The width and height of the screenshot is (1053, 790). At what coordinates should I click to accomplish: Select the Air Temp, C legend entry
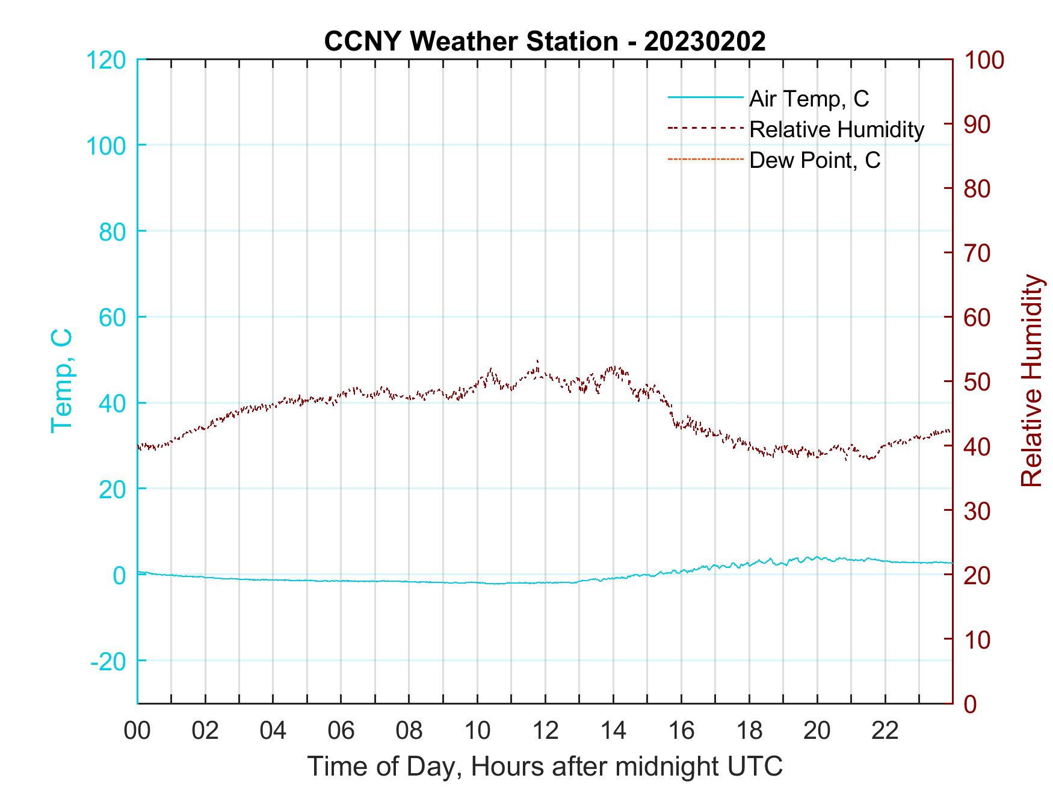[808, 98]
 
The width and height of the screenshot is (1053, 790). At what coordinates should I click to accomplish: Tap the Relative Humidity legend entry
[836, 129]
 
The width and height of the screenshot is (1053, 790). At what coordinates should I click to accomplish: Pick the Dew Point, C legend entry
[814, 160]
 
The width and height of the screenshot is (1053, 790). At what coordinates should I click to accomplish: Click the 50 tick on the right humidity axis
[978, 382]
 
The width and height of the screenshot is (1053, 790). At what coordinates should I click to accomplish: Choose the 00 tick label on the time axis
[137, 731]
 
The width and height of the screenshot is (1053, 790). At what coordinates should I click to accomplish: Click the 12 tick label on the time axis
[545, 731]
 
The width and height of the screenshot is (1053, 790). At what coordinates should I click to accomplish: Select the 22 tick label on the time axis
[885, 731]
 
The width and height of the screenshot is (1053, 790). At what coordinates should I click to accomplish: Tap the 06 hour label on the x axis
[341, 731]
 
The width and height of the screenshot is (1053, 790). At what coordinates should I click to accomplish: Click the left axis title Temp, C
[61, 380]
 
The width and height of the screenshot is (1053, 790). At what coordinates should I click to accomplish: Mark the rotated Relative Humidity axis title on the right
[1031, 380]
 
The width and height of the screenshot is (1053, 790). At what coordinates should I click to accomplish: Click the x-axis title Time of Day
[545, 767]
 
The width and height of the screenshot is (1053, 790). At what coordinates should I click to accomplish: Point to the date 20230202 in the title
[705, 42]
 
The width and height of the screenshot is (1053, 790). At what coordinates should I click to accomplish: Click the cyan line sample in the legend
[705, 97]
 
